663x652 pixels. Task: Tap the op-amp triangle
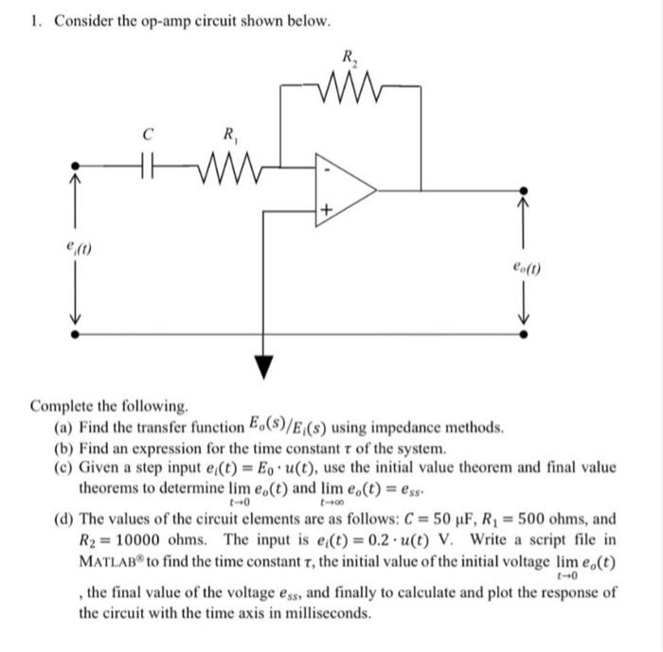(341, 190)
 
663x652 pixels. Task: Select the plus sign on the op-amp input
(329, 208)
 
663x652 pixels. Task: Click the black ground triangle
(261, 365)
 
